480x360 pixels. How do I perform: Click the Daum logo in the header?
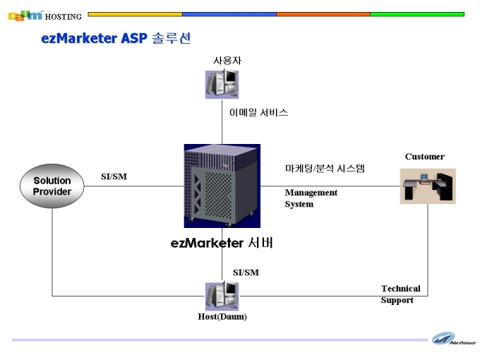pos(25,16)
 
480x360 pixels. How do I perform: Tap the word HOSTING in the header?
pos(64,17)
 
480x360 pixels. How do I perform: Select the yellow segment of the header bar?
pos(135,14)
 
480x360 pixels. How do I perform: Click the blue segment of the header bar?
pos(229,14)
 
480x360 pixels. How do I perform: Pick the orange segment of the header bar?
pos(323,14)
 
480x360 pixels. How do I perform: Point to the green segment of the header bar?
pos(417,14)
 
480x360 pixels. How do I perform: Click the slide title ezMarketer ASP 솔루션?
pos(116,38)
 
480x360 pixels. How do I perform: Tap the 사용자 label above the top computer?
pos(227,60)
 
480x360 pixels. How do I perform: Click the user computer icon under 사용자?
pos(222,84)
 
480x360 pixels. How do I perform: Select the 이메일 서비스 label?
pos(258,112)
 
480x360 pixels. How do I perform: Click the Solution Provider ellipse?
pos(52,186)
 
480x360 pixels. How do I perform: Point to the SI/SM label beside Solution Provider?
pos(114,176)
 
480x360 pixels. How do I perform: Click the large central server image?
pos(222,186)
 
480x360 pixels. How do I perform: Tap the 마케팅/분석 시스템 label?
pos(325,169)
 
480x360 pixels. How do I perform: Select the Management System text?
pos(311,198)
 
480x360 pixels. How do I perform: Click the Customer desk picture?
pos(428,186)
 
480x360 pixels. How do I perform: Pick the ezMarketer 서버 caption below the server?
pos(222,243)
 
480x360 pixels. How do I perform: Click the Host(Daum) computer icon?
pos(222,296)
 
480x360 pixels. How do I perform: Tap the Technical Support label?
pos(401,294)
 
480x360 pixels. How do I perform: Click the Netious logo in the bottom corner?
pos(453,339)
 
